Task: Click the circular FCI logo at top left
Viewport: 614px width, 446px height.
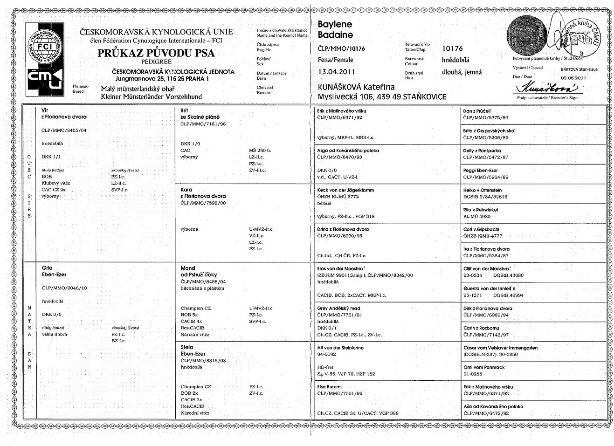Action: tap(45, 46)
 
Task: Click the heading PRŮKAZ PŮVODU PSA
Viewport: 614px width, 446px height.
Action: tap(156, 53)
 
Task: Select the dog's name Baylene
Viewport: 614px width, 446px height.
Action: tap(335, 24)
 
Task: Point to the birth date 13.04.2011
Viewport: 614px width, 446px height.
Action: tap(336, 72)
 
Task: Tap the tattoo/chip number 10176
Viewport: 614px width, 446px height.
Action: tap(452, 48)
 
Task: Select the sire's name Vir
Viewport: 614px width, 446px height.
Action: tap(45, 110)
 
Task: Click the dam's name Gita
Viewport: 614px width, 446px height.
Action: tap(47, 268)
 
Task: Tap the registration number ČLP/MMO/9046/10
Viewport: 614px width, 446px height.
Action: tap(64, 288)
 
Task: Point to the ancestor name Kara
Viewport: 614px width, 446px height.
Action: tap(186, 190)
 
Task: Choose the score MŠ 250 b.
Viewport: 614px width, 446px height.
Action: tap(260, 151)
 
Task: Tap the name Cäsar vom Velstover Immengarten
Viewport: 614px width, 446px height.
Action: tap(500, 348)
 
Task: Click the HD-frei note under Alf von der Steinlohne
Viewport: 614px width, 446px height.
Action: tap(325, 367)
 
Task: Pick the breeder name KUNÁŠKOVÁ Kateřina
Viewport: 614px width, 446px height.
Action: tap(356, 87)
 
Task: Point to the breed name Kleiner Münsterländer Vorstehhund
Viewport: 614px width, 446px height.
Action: tap(152, 97)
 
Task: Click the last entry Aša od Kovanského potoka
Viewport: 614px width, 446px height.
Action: tap(493, 406)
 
